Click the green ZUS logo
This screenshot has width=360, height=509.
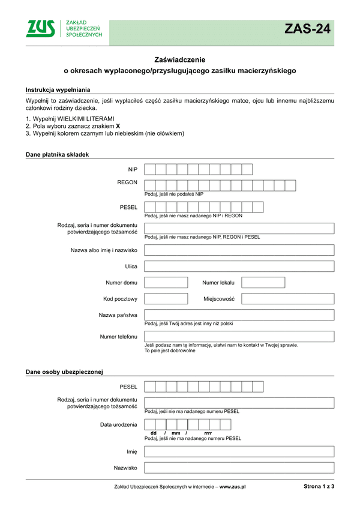point(41,28)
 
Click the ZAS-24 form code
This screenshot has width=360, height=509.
point(307,29)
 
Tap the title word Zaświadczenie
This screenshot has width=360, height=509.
point(180,59)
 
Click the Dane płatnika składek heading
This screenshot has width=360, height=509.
point(57,154)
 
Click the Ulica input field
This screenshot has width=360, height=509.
point(239,266)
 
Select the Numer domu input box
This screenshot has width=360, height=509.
point(166,282)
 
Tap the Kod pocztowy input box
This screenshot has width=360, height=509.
point(166,298)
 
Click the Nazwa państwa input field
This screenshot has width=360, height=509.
point(239,315)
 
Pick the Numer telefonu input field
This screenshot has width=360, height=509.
point(239,336)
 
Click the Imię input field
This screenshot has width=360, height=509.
point(239,451)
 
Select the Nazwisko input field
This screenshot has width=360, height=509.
point(239,468)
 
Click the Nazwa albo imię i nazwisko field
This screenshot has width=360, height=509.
point(239,250)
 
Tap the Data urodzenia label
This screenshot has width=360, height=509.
point(119,425)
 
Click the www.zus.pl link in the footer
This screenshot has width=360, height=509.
point(233,487)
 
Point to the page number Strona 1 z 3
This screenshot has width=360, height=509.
point(319,487)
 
